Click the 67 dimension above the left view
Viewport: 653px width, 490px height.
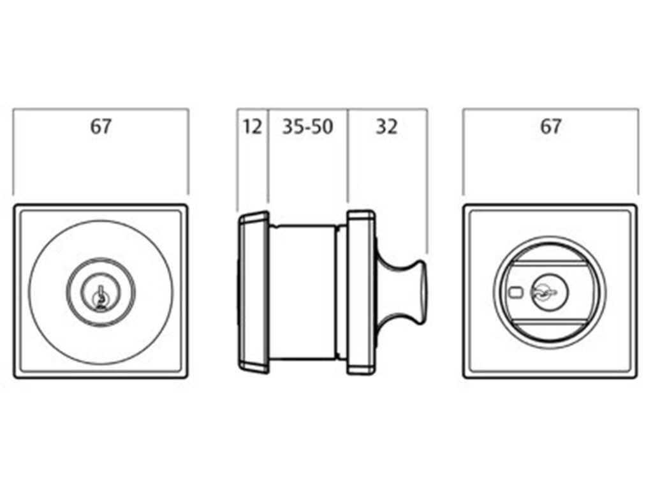point(100,126)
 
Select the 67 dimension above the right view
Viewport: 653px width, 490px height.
point(550,126)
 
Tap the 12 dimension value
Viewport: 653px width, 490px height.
point(253,126)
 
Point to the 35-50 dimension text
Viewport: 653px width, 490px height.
point(307,126)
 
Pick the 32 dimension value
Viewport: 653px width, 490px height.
point(386,126)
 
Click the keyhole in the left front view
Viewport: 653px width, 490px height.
point(101,297)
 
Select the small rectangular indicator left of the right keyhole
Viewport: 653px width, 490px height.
point(515,293)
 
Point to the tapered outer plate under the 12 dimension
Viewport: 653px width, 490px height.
point(253,292)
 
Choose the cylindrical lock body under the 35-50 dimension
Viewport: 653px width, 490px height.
point(303,292)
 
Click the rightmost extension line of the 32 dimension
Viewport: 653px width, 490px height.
point(427,179)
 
